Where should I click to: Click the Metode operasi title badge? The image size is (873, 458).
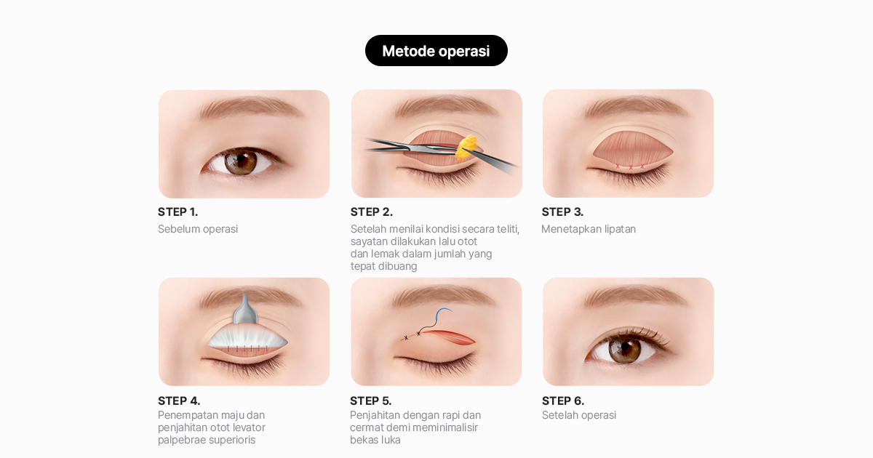coord(436,51)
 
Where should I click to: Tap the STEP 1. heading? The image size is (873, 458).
coord(178,212)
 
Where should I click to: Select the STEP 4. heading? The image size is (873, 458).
coord(179,401)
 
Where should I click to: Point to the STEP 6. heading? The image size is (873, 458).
coord(563,401)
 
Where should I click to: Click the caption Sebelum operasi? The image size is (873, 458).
coord(198,229)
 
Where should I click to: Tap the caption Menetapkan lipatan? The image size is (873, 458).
coord(589,229)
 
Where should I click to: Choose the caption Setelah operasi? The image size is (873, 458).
coord(579,415)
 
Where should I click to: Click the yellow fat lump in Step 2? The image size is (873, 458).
coord(467,148)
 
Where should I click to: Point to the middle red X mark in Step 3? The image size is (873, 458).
coord(631,167)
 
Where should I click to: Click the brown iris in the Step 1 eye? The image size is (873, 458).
coord(241,162)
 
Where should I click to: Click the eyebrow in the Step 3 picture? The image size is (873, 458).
coord(635,107)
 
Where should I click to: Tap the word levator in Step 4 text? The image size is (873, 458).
coord(250,427)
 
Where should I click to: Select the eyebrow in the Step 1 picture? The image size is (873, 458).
coord(252,107)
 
